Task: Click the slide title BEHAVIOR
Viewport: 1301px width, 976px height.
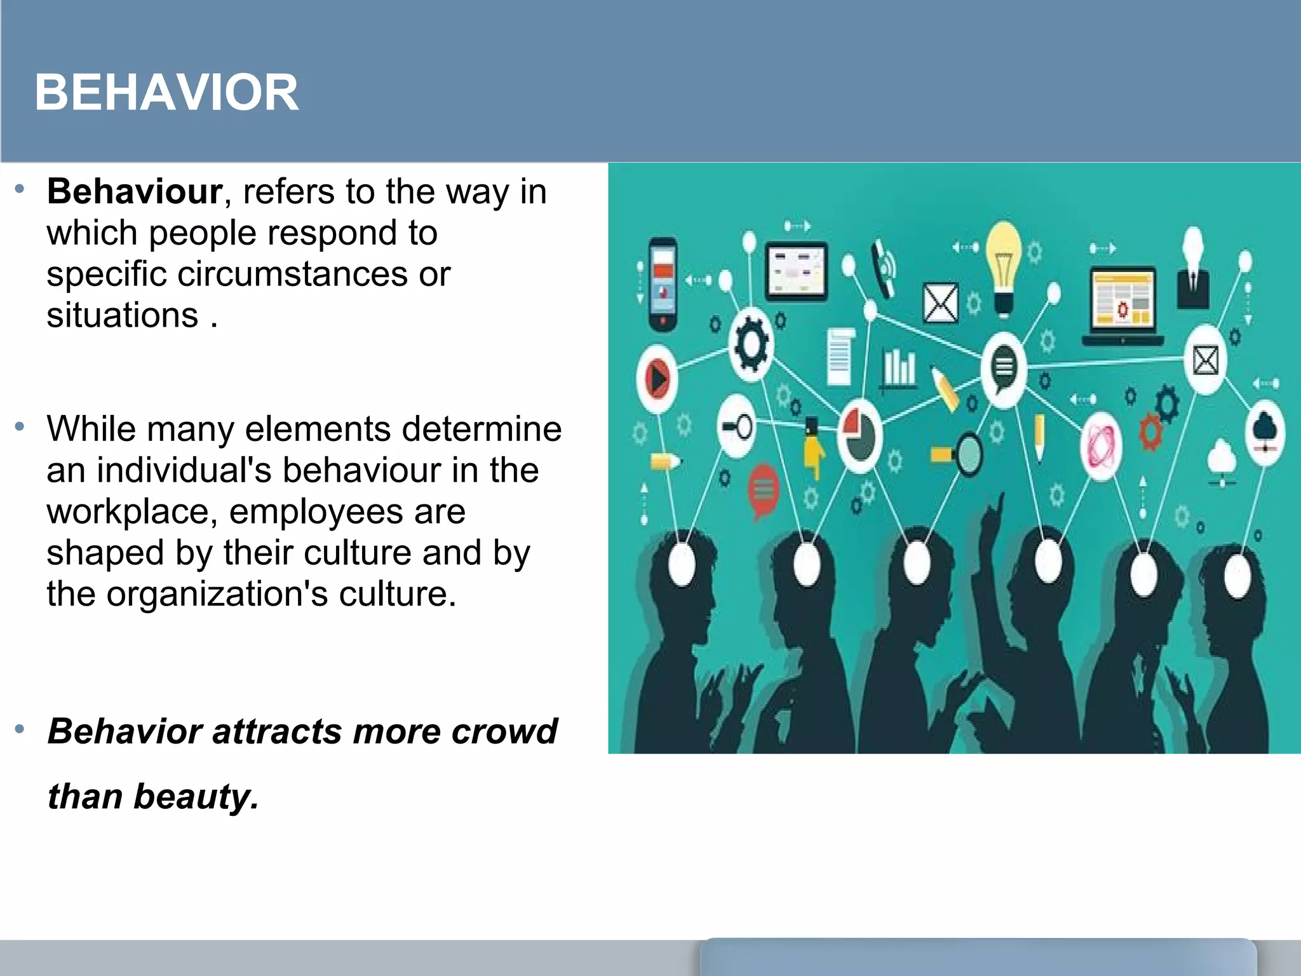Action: tap(166, 93)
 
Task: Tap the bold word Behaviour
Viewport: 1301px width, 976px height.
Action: tap(135, 191)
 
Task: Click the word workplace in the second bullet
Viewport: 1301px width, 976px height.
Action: tap(127, 512)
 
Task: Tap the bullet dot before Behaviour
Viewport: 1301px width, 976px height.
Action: tap(20, 189)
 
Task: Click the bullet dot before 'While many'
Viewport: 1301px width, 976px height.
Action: tap(20, 426)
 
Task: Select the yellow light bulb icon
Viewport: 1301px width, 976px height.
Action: tap(1003, 267)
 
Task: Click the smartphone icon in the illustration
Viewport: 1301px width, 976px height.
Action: tap(663, 283)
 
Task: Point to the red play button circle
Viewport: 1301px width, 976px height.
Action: tap(657, 379)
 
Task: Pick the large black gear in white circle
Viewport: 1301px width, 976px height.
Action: tap(752, 346)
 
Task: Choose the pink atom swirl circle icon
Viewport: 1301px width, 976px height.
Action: tap(1101, 444)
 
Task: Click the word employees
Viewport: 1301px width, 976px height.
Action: tap(315, 512)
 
